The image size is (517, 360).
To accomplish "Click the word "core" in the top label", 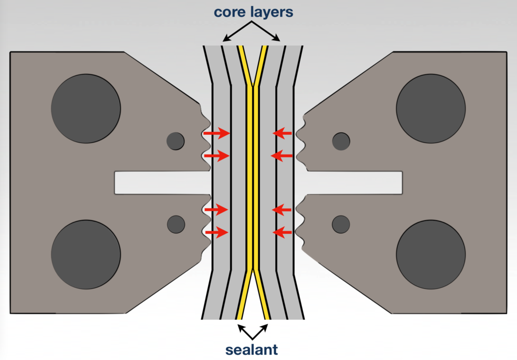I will pyautogui.click(x=228, y=12).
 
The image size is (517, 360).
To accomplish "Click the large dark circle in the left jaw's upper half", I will pyautogui.click(x=86, y=109).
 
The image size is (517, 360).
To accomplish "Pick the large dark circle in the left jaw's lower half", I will pyautogui.click(x=86, y=254).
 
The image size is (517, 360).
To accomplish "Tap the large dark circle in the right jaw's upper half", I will pyautogui.click(x=431, y=109).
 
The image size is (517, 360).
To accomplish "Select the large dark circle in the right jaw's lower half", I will pyautogui.click(x=431, y=254).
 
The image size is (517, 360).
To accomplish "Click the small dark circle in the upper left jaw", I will pyautogui.click(x=176, y=141).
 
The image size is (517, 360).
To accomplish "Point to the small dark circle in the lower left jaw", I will pyautogui.click(x=176, y=224).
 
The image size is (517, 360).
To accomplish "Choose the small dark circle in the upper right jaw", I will pyautogui.click(x=341, y=141).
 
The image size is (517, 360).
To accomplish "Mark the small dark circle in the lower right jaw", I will pyautogui.click(x=341, y=224).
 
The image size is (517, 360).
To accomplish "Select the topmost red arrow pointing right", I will pyautogui.click(x=217, y=133).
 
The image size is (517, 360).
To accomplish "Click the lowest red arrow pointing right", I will pyautogui.click(x=217, y=232).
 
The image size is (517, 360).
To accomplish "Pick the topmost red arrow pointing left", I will pyautogui.click(x=282, y=133).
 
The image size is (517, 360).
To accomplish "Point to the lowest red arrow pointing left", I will pyautogui.click(x=282, y=232).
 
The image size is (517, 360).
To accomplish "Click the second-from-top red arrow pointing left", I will pyautogui.click(x=282, y=156).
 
